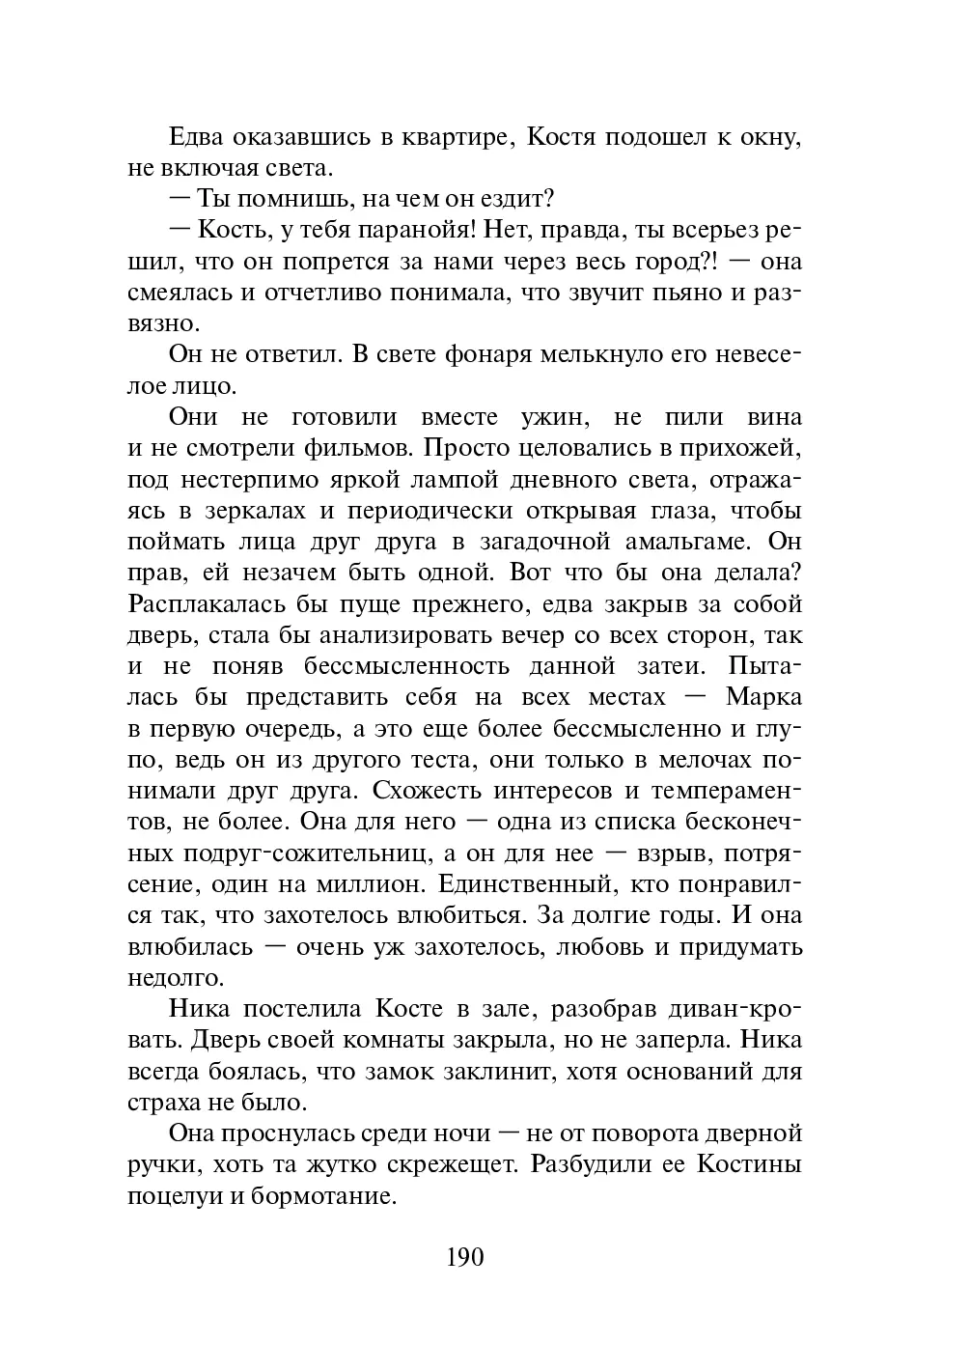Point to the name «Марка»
click(762, 697)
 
